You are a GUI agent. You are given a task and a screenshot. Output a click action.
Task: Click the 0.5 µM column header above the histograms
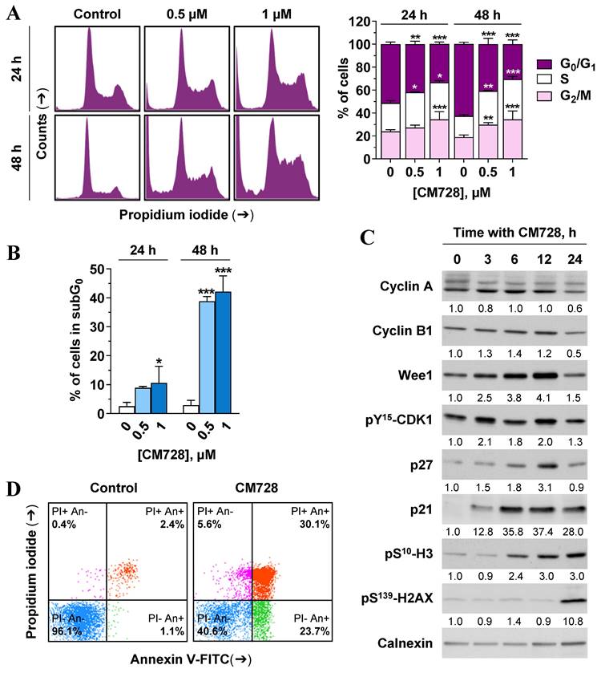186,14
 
